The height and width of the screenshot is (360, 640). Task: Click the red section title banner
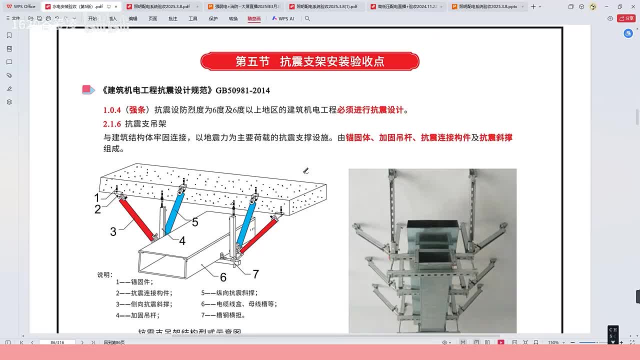(x=309, y=61)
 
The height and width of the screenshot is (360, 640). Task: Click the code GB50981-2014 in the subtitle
(x=242, y=90)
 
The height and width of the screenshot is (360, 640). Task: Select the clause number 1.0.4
(x=112, y=110)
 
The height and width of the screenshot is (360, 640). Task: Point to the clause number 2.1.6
(x=112, y=123)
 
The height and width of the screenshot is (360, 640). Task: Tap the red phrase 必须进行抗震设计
(x=370, y=110)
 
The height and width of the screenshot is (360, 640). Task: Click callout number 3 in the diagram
(x=113, y=231)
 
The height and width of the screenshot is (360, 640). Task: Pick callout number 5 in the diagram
(x=195, y=222)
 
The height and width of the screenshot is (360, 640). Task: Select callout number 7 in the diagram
(x=255, y=274)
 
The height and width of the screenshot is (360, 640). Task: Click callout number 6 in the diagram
(x=223, y=277)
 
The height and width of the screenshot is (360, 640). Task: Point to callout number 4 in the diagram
(x=182, y=241)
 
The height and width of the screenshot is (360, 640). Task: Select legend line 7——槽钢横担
(x=223, y=315)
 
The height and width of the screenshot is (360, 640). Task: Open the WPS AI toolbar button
(x=283, y=18)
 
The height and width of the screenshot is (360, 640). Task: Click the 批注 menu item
(x=172, y=18)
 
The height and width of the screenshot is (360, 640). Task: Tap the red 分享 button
(x=626, y=18)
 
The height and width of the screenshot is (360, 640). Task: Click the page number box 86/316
(x=57, y=342)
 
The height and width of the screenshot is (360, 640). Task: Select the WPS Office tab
(x=21, y=6)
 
